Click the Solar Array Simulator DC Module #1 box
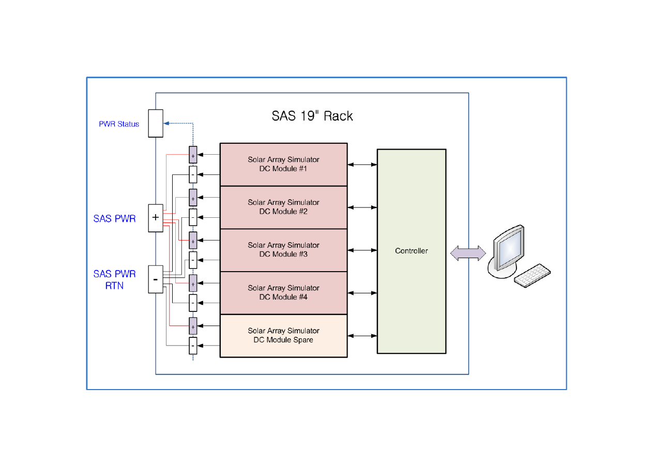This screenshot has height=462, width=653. tap(283, 164)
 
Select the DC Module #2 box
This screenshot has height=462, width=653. tap(283, 207)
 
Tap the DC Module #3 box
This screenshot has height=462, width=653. tap(283, 250)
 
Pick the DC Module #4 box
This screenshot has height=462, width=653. tap(283, 292)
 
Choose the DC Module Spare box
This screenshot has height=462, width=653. tap(283, 335)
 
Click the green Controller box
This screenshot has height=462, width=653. tap(411, 251)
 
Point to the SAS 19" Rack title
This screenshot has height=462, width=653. tap(312, 115)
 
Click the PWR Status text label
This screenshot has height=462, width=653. tap(119, 124)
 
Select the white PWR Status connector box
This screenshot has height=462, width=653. tap(156, 123)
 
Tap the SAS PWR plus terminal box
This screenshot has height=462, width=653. tap(156, 218)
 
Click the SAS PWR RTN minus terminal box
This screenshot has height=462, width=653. tap(156, 279)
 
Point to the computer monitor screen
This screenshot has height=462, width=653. tap(507, 247)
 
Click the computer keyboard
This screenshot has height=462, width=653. tap(532, 275)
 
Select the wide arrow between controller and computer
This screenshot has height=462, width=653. tap(468, 253)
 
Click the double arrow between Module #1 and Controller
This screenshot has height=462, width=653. tap(362, 165)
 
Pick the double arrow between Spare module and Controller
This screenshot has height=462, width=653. tap(362, 336)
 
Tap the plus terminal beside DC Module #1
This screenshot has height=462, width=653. tap(193, 155)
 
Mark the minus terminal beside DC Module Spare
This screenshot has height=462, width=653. tap(193, 345)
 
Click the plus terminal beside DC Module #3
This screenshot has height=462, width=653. tap(193, 241)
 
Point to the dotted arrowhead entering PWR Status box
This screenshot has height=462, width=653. tap(166, 123)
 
